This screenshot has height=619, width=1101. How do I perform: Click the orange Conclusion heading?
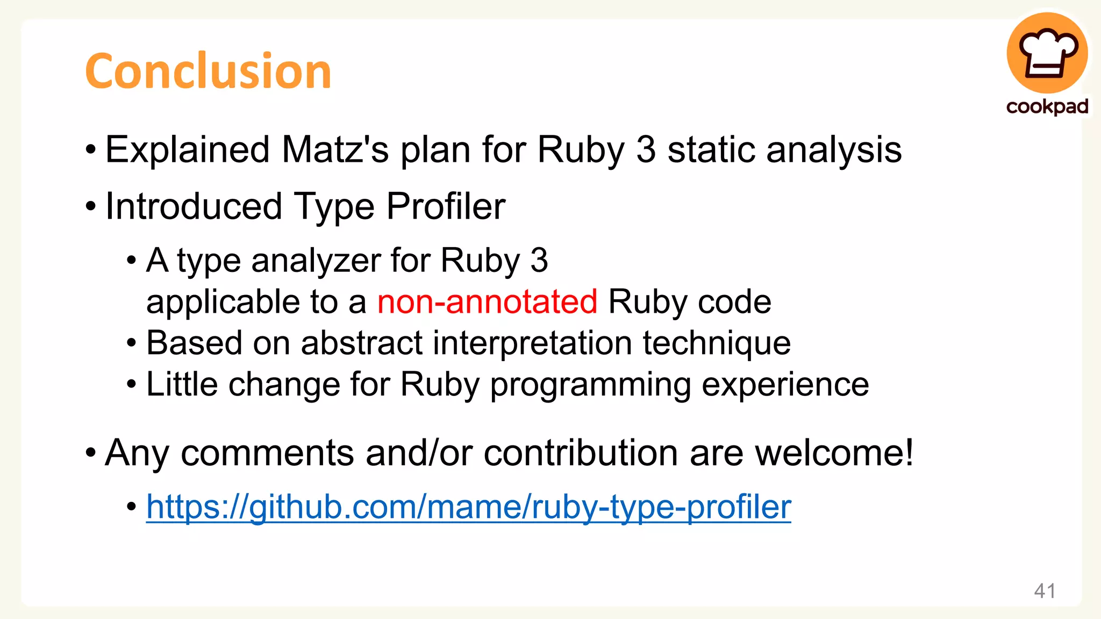pyautogui.click(x=208, y=71)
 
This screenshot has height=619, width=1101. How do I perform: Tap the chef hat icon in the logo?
pyautogui.click(x=1047, y=53)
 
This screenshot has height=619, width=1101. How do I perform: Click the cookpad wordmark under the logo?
pyautogui.click(x=1047, y=106)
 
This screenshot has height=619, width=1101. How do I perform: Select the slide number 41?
pyautogui.click(x=1045, y=591)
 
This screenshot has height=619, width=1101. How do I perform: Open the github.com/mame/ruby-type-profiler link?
pyautogui.click(x=468, y=507)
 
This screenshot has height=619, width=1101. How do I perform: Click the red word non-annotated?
pyautogui.click(x=487, y=301)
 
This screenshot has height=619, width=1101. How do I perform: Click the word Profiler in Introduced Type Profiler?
pyautogui.click(x=446, y=206)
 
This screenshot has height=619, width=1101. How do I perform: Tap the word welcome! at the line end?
pyautogui.click(x=834, y=453)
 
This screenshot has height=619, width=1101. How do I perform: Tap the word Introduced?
pyautogui.click(x=194, y=206)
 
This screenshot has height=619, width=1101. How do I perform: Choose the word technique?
pyautogui.click(x=717, y=343)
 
